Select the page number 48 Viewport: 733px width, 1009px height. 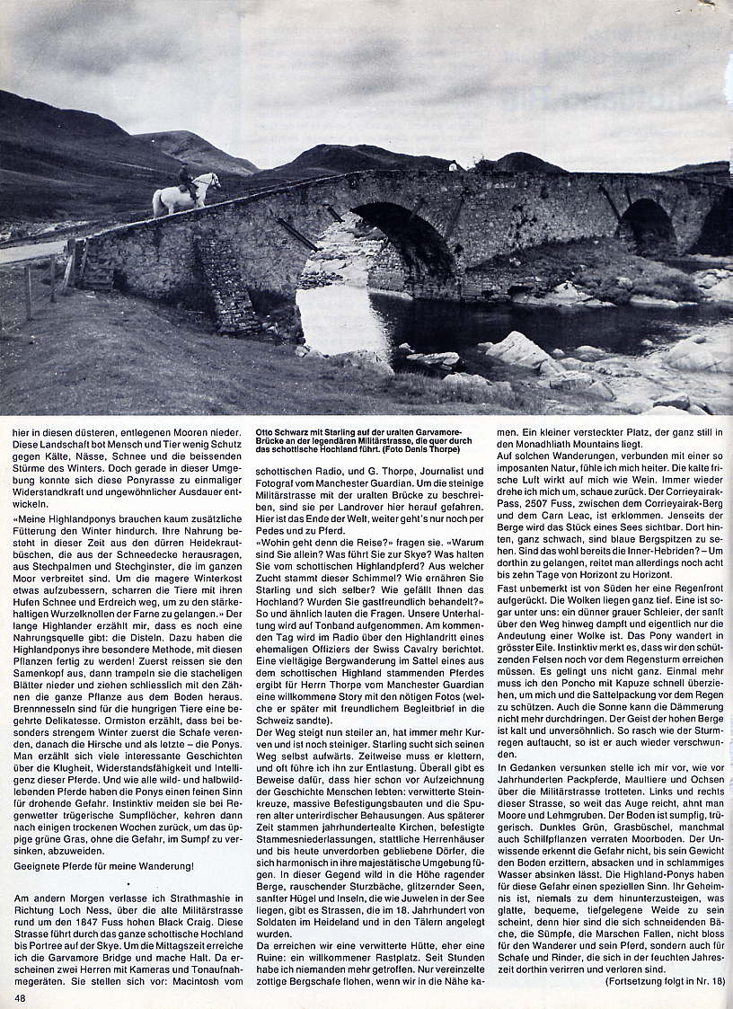pos(19,996)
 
